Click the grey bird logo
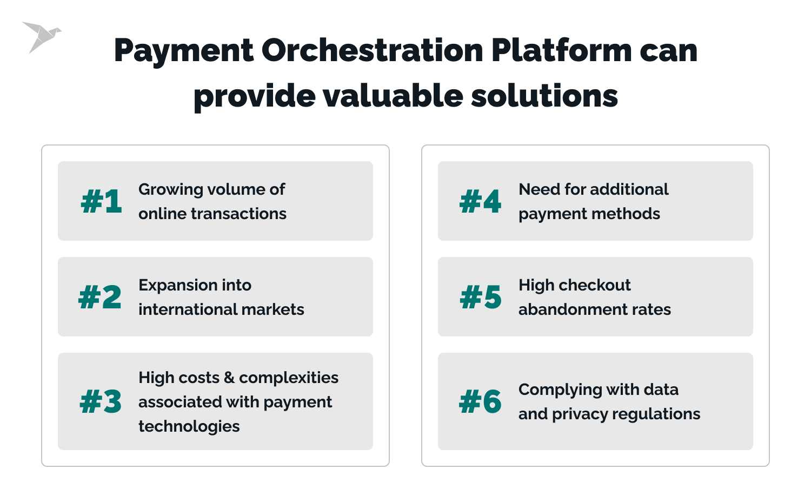[x=41, y=36]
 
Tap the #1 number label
[x=101, y=201]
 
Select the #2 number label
[x=100, y=297]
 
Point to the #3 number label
[x=101, y=401]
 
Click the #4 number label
[x=481, y=201]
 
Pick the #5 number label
[x=481, y=297]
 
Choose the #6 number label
[x=481, y=401]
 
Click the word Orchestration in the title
[x=373, y=51]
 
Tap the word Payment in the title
[x=184, y=51]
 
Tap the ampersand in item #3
[x=229, y=378]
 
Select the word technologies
[x=189, y=426]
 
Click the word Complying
[x=560, y=390]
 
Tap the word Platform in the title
[x=561, y=51]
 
